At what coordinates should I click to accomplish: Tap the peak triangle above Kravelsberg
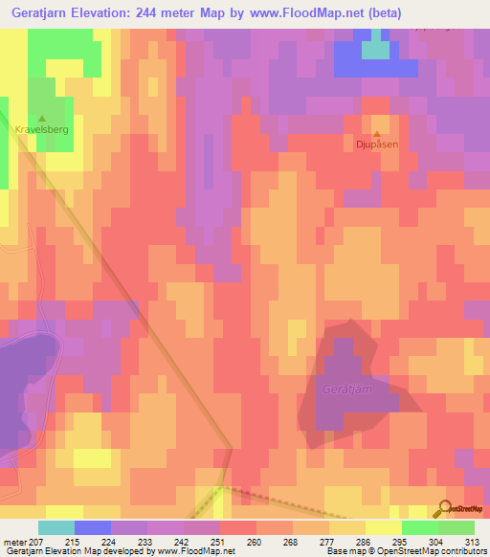tap(40, 118)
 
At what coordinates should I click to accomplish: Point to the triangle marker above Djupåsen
tap(376, 134)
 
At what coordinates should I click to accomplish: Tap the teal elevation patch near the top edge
tap(376, 50)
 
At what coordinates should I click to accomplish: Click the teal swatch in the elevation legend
tap(56, 527)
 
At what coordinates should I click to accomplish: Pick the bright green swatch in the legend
tap(457, 527)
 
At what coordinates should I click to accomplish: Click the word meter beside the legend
tap(13, 542)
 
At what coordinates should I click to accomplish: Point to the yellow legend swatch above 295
tap(384, 527)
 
